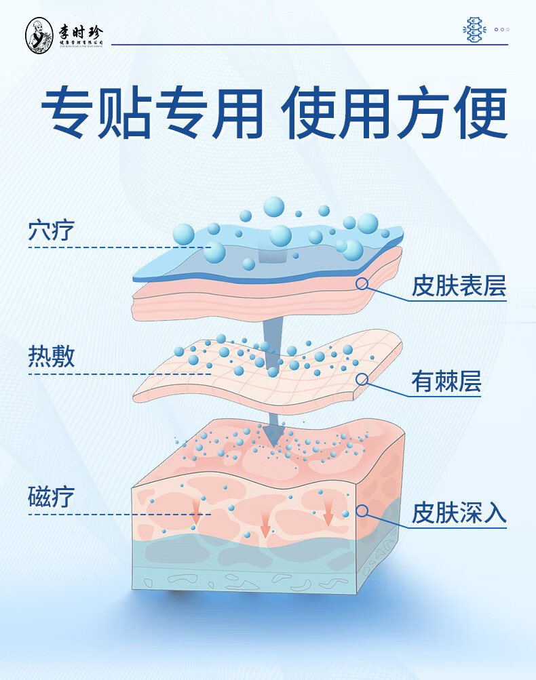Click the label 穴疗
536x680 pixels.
[x=51, y=231]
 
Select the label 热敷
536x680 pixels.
[x=51, y=357]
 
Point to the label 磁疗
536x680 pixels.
[x=51, y=498]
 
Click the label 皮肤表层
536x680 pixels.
[x=459, y=286]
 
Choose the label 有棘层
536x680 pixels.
[x=446, y=382]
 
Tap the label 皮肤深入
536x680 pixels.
[x=459, y=513]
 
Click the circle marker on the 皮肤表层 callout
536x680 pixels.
[x=362, y=284]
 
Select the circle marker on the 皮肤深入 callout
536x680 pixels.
[x=362, y=511]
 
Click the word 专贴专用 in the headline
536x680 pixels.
[x=152, y=113]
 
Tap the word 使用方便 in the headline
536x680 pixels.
[x=396, y=113]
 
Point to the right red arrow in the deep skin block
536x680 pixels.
[x=328, y=513]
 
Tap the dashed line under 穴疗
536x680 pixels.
[x=119, y=247]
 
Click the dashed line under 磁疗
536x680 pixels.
[x=119, y=514]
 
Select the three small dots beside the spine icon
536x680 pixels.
[x=501, y=30]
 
